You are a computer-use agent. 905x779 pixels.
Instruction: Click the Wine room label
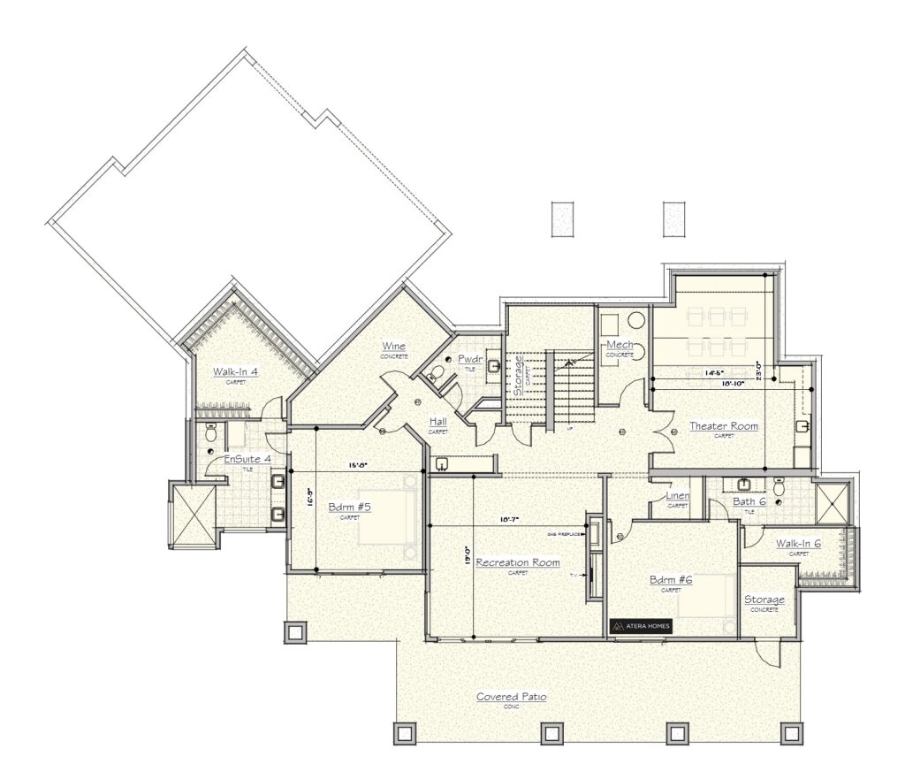click(x=394, y=346)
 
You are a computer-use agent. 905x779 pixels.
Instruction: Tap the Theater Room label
click(x=724, y=426)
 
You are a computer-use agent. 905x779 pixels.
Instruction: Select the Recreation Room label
click(x=517, y=562)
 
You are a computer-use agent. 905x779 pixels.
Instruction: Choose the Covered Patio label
click(x=511, y=697)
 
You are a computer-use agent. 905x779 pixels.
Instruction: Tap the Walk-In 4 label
click(x=235, y=372)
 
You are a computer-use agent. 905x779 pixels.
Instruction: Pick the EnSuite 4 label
click(x=247, y=459)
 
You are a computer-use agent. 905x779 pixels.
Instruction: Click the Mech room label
click(x=620, y=344)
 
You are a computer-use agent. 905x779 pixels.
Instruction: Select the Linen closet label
click(x=678, y=496)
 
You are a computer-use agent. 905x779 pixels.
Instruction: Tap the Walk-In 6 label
click(x=798, y=543)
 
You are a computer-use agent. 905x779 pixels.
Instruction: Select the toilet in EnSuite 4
click(x=210, y=433)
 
